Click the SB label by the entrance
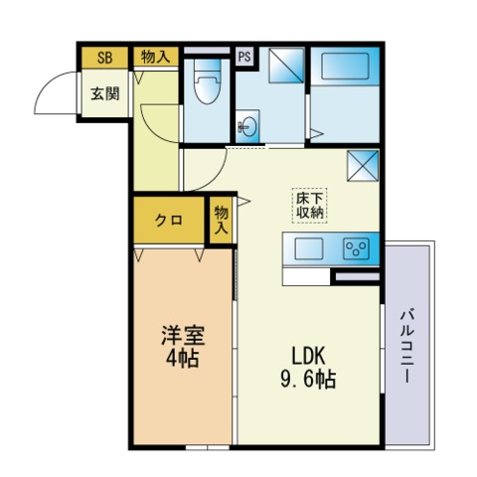pyautogui.click(x=103, y=58)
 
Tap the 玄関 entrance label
pyautogui.click(x=103, y=94)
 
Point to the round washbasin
pyautogui.click(x=247, y=126)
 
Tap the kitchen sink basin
pyautogui.click(x=308, y=248)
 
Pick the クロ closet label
pyautogui.click(x=168, y=220)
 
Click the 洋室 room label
pyautogui.click(x=184, y=336)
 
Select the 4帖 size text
pyautogui.click(x=184, y=359)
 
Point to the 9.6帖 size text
pyautogui.click(x=309, y=379)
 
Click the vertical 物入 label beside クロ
pyautogui.click(x=221, y=220)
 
